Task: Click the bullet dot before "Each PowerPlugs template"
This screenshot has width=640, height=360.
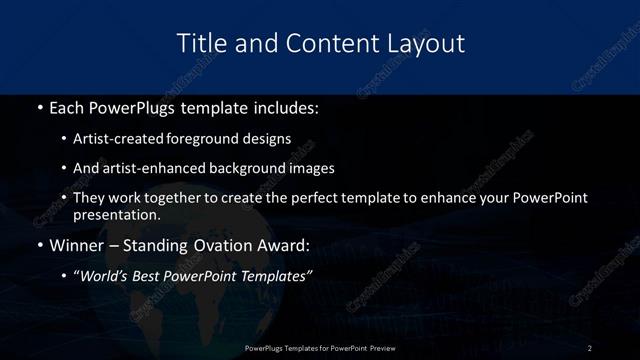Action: (39, 105)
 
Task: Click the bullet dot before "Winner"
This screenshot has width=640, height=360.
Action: (39, 245)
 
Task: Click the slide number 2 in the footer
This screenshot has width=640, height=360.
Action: (589, 347)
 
